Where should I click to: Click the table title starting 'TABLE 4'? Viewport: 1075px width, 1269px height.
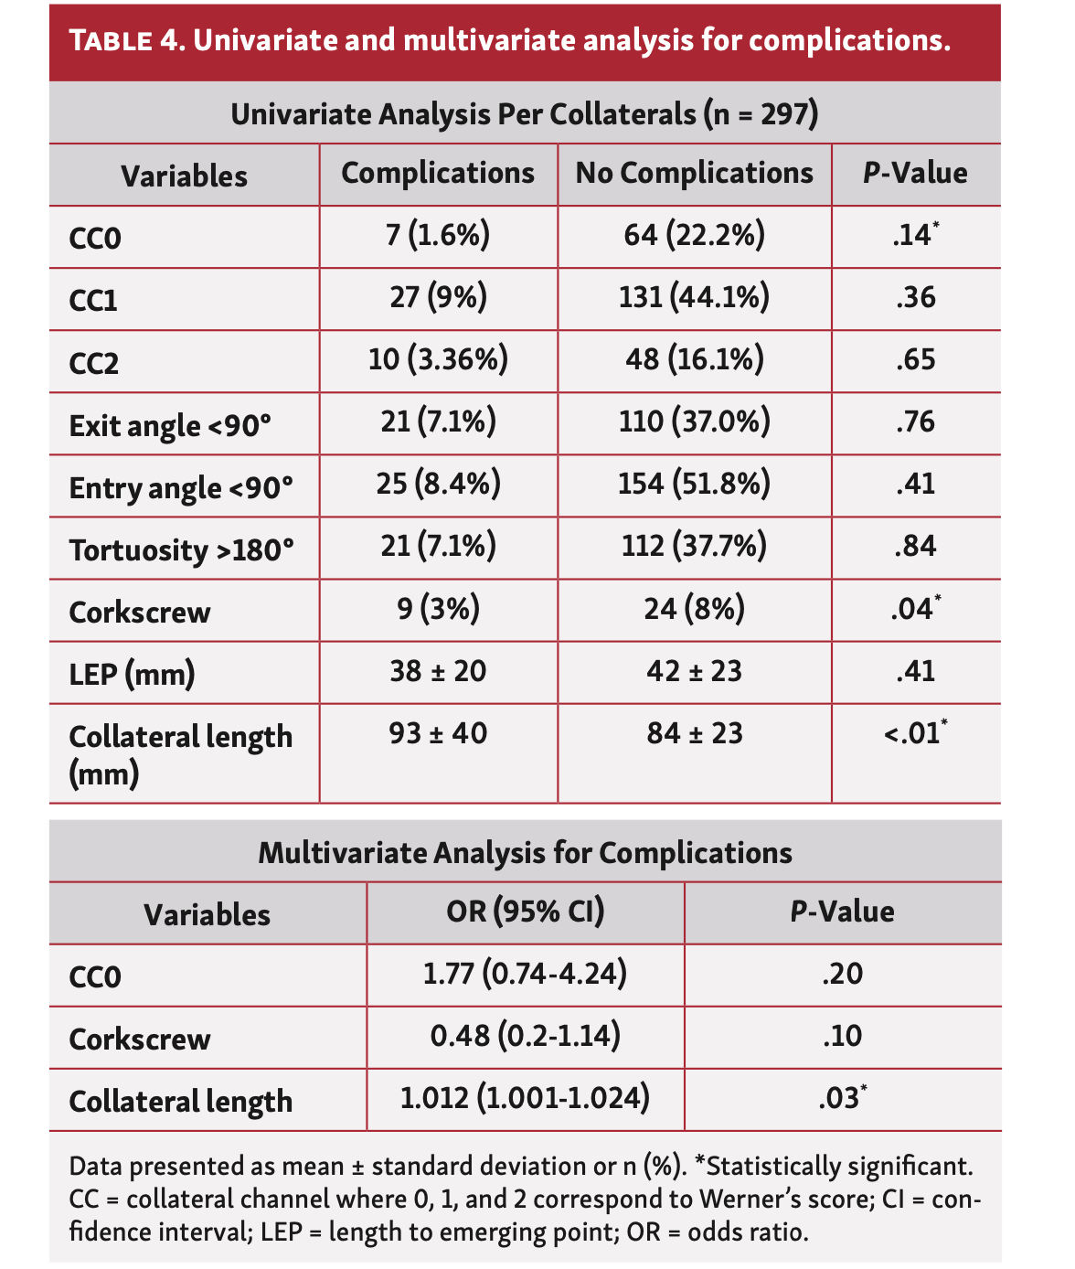click(510, 42)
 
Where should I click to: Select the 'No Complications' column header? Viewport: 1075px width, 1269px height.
click(694, 174)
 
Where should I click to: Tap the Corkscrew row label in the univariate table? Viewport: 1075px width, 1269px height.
click(140, 612)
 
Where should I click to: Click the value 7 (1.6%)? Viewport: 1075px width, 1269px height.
click(438, 236)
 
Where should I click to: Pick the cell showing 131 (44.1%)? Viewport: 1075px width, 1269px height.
click(694, 298)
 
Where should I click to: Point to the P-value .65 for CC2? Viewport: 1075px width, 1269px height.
click(915, 360)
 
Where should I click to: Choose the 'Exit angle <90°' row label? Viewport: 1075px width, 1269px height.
click(170, 425)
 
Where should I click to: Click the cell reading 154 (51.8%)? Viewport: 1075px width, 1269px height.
click(694, 484)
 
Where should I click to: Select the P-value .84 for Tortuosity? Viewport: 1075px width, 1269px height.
click(915, 546)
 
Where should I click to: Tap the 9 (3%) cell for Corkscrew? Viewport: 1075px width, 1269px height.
click(438, 609)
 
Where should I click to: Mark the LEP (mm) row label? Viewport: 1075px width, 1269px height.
click(132, 674)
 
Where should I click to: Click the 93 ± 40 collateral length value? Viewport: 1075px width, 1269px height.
click(438, 733)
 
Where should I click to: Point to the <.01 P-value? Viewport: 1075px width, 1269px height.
click(914, 733)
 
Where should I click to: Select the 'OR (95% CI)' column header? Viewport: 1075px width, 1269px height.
click(525, 912)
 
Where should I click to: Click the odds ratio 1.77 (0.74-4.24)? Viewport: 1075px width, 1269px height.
click(525, 975)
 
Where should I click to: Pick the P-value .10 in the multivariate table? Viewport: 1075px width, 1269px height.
click(842, 1037)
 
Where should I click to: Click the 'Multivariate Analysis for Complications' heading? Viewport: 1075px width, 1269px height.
click(525, 853)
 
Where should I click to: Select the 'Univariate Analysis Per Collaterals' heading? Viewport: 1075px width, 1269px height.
click(524, 114)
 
